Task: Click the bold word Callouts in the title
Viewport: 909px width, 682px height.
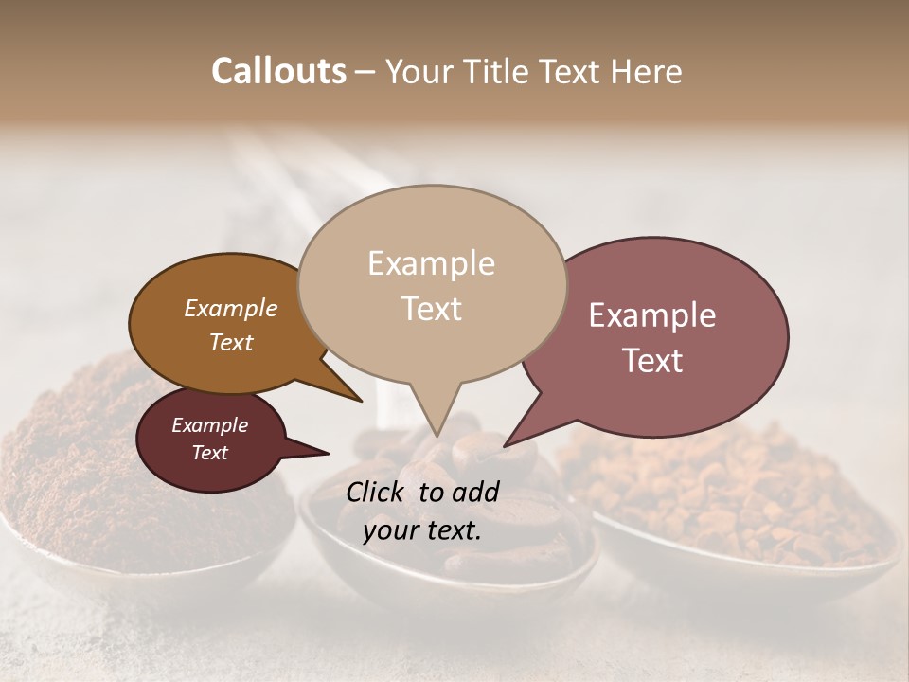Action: pyautogui.click(x=278, y=71)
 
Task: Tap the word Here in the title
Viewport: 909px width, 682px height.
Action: pyautogui.click(x=645, y=71)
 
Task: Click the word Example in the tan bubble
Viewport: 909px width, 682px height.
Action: pyautogui.click(x=431, y=263)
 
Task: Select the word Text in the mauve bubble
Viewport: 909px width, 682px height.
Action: pyautogui.click(x=653, y=361)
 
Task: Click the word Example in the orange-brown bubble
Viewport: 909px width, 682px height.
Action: pyautogui.click(x=230, y=308)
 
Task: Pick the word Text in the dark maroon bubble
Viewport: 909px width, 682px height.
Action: pyautogui.click(x=209, y=453)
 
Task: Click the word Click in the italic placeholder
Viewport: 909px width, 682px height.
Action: pyautogui.click(x=377, y=491)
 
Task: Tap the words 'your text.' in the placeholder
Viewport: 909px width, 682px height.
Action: pyautogui.click(x=421, y=531)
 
